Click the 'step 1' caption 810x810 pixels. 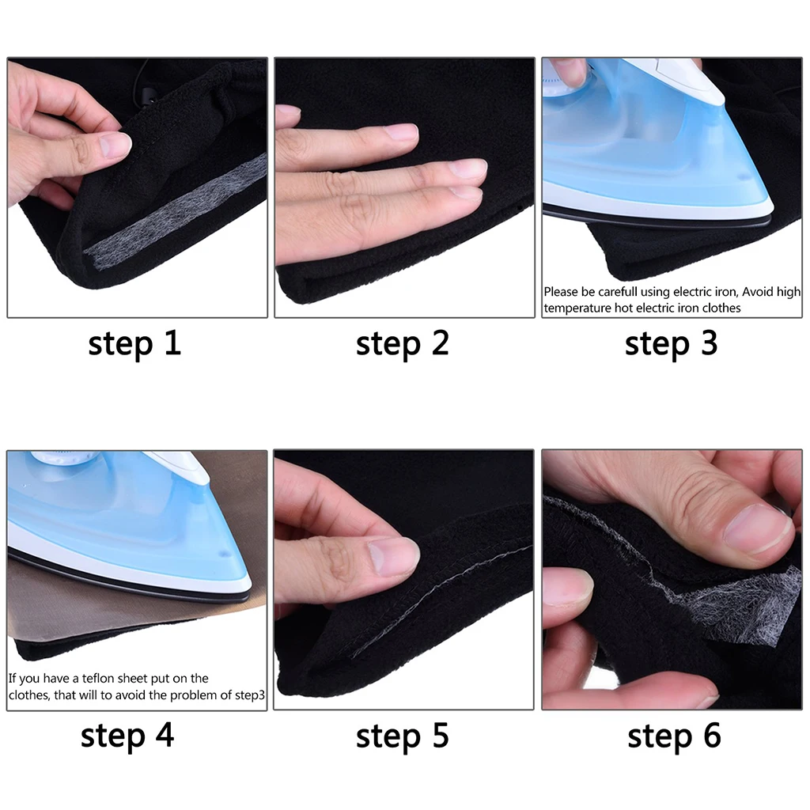pos(134,345)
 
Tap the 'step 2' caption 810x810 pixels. pos(402,345)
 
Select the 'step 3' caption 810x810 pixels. pos(671,345)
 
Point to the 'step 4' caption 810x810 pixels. pos(127,736)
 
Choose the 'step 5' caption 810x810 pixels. pos(402,736)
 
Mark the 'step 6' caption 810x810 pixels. pos(674,736)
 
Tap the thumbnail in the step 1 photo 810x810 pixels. pos(115,144)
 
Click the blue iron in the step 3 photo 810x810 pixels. pos(649,142)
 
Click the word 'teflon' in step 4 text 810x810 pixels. pos(102,679)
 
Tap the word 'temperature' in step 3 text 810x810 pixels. pos(577,308)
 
